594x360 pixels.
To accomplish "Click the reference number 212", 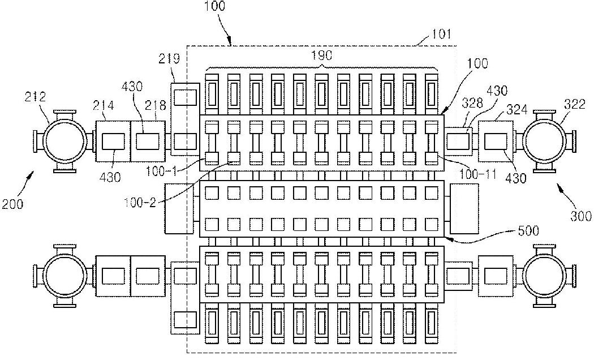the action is pos(35,97).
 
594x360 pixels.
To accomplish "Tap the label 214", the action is pos(104,105).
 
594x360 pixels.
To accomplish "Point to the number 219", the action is pos(169,59).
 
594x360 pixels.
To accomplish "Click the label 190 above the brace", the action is pos(322,55).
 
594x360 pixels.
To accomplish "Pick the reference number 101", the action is pos(441,34).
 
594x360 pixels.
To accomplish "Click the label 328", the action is pos(473,102).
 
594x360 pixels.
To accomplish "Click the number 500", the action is pos(528,231).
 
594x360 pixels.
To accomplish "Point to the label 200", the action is pos(12,204).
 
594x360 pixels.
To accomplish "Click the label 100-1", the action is pos(161,172).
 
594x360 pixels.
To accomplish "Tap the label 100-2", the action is pos(140,203).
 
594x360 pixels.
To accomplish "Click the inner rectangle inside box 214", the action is pos(113,142).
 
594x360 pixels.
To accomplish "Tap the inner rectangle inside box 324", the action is pos(496,142).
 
